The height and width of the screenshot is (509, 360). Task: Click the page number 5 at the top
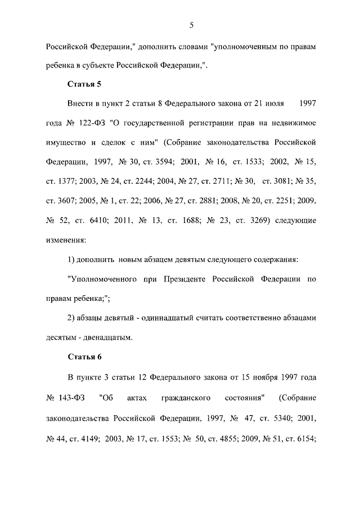pos(191,24)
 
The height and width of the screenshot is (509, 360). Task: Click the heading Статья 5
pos(84,84)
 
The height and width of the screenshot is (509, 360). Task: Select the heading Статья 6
pos(84,357)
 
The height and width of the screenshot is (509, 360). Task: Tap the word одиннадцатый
pos(173,318)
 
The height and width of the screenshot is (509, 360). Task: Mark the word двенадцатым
pos(107,338)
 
